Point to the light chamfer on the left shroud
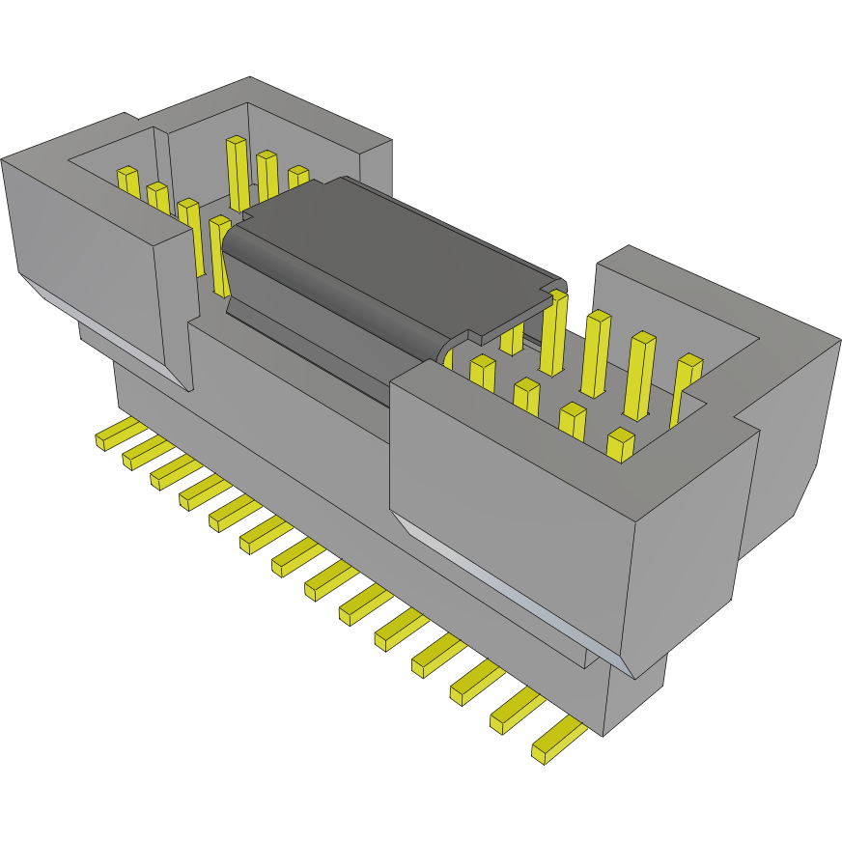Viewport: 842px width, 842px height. [x=106, y=328]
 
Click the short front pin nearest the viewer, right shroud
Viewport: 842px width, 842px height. [x=620, y=444]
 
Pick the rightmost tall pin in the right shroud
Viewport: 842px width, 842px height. [x=686, y=386]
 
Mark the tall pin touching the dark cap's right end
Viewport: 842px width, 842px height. [x=554, y=333]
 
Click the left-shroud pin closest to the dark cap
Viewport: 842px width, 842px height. [x=220, y=253]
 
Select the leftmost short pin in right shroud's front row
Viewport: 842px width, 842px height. [x=482, y=373]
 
